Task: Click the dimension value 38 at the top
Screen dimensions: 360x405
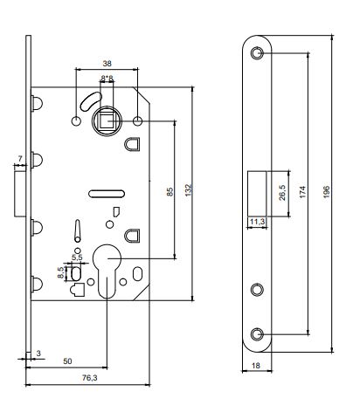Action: point(107,64)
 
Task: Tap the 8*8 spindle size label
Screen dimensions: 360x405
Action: point(107,79)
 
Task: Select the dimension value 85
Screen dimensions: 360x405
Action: point(170,192)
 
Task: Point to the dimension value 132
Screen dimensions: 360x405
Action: point(189,190)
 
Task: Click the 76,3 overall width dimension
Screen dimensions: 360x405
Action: point(90,378)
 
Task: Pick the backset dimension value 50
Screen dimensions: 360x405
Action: point(67,361)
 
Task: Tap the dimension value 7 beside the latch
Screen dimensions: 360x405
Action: point(20,159)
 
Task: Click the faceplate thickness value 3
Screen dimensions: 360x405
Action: point(38,354)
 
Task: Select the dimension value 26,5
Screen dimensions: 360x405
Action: point(282,193)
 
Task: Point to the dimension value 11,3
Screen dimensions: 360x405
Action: point(257,222)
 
